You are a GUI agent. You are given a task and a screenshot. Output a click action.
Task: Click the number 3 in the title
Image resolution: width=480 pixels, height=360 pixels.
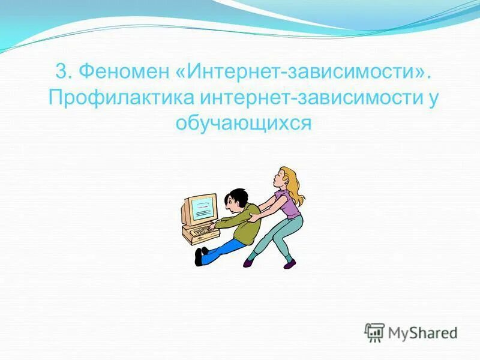click(x=61, y=72)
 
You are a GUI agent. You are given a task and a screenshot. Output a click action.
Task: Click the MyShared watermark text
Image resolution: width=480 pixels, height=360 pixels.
click(x=422, y=332)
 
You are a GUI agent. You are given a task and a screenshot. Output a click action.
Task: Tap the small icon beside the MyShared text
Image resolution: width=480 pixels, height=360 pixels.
click(x=374, y=332)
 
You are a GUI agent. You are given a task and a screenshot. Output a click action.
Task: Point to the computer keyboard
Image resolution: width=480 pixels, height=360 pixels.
click(x=199, y=231)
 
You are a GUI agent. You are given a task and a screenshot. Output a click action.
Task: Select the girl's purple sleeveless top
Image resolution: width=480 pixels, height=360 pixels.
click(x=290, y=205)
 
